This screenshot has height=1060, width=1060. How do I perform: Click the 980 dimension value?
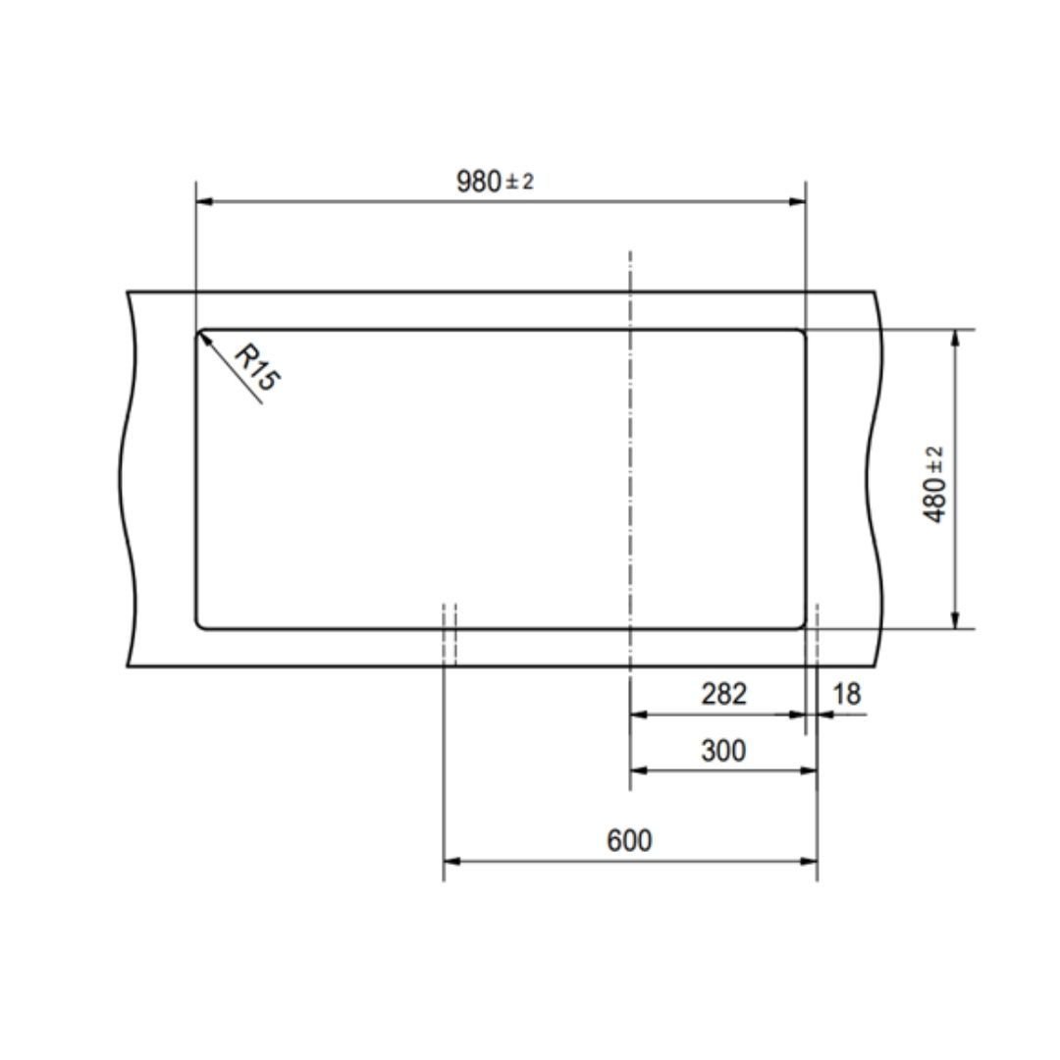tap(478, 182)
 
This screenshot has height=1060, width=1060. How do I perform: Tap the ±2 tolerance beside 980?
tap(519, 182)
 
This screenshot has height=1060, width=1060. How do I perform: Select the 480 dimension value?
tap(934, 500)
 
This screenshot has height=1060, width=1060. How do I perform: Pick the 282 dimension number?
tap(723, 694)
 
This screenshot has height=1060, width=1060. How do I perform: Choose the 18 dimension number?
tap(846, 694)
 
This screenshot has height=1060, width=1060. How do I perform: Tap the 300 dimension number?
tap(723, 751)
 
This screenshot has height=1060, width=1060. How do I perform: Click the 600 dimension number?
tap(629, 840)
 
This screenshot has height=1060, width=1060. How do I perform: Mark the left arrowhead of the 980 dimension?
tap(204, 201)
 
